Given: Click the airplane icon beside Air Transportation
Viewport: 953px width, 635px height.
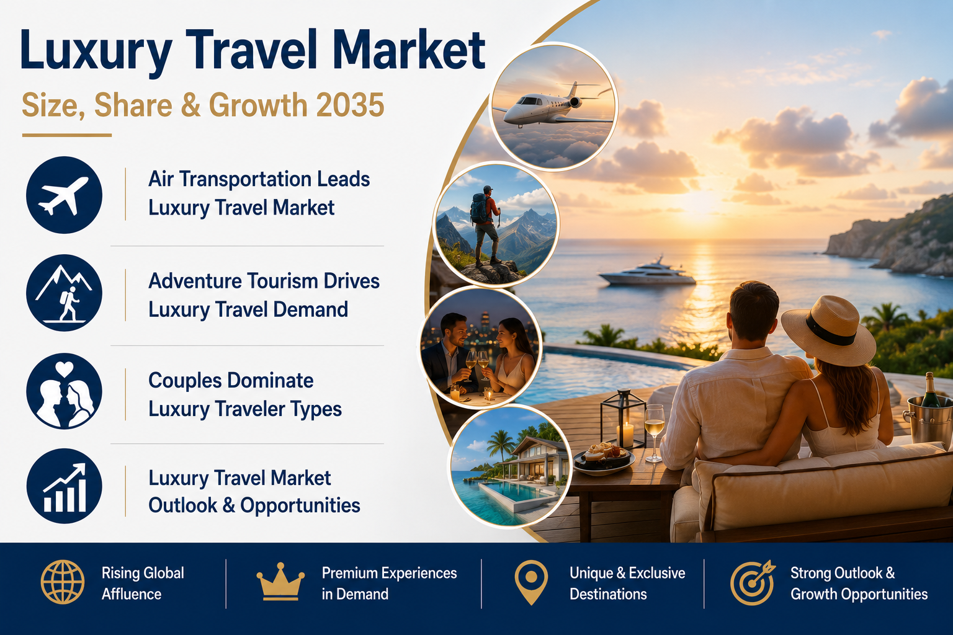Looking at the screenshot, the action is point(65,195).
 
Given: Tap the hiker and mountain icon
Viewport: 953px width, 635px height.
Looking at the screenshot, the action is point(65,293).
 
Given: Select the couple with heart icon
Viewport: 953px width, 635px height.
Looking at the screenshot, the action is point(65,391).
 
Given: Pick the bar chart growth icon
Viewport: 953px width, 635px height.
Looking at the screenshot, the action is point(65,486).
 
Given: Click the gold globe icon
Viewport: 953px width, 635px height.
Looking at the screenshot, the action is point(63,582).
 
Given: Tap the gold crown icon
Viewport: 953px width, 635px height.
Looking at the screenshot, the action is point(280,582).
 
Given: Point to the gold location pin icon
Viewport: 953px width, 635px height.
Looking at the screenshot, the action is point(531,582).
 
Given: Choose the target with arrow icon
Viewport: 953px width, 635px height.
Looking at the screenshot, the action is point(753,582).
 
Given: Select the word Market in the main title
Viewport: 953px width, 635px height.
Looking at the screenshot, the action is point(409,50).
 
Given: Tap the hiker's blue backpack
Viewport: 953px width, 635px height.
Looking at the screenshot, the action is point(480,209).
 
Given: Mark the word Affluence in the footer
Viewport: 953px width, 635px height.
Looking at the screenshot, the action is point(132,593).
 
